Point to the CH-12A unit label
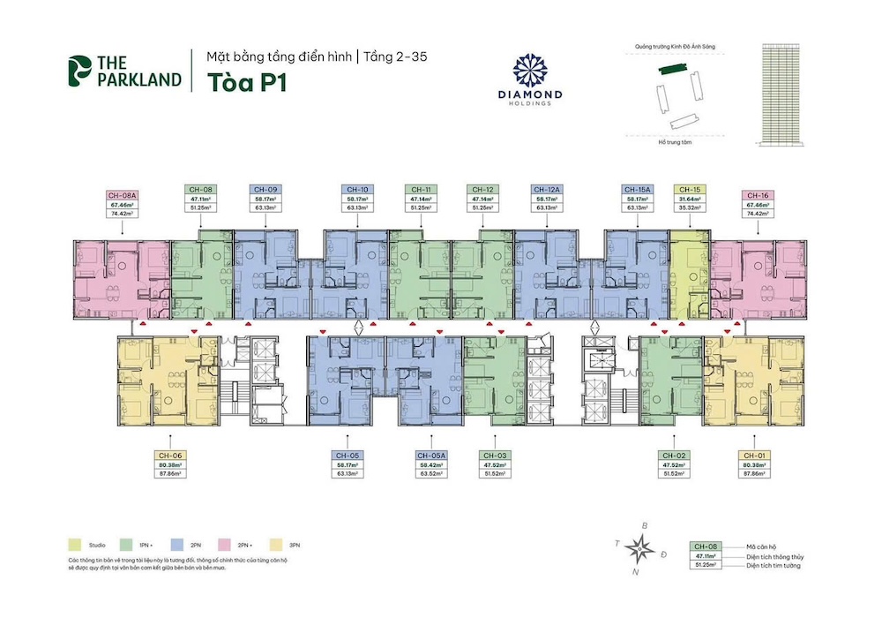544,189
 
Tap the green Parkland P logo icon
79,72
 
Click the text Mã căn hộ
759,548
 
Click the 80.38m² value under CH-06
172,466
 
